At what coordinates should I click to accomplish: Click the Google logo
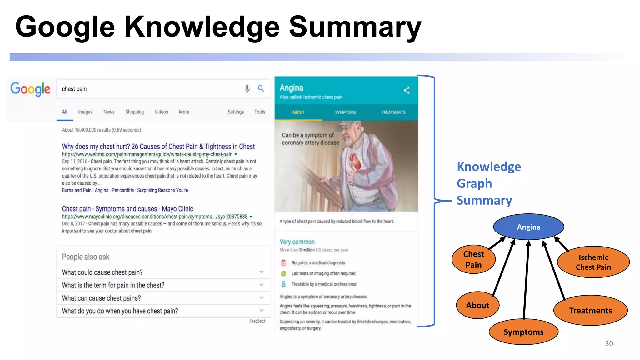point(30,89)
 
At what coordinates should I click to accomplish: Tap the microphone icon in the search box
point(247,89)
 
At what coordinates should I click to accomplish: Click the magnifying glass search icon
point(261,89)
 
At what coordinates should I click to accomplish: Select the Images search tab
point(85,112)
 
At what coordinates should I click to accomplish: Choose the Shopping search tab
point(134,112)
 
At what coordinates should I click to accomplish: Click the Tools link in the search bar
point(259,112)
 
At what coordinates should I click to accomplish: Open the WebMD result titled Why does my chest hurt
point(158,147)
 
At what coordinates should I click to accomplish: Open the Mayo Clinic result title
point(127,209)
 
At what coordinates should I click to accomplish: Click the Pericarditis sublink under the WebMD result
point(123,190)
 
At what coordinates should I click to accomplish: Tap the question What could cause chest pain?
point(102,272)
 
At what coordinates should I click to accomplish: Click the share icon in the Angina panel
point(406,90)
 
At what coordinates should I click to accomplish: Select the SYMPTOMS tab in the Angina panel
point(345,112)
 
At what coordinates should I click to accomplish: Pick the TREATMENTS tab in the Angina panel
point(393,112)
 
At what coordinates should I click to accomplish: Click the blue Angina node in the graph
point(528,227)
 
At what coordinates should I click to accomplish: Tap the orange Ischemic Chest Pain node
point(593,262)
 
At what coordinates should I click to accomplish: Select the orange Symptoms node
point(523,332)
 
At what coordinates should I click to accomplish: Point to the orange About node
point(477,305)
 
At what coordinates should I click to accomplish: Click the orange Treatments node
point(590,311)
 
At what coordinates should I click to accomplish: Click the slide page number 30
point(609,343)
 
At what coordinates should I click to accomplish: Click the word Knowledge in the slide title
point(202,27)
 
